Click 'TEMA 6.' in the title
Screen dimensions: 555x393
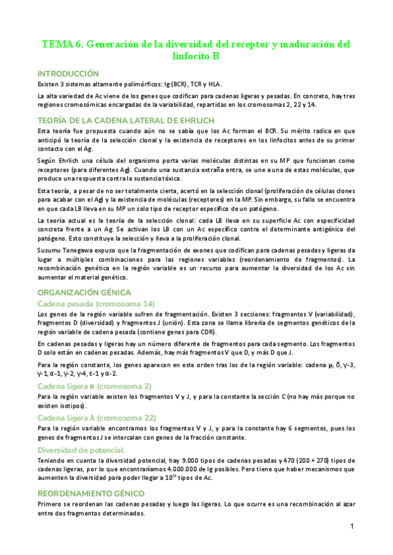coord(62,45)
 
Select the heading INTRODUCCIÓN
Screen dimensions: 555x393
coord(68,74)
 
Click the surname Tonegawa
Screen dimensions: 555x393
coord(83,251)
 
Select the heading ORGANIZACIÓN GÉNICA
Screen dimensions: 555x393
coord(84,292)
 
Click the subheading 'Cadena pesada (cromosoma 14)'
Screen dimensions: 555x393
coord(96,304)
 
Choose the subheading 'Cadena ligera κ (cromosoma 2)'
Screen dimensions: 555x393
coord(94,386)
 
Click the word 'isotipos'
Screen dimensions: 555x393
coord(65,406)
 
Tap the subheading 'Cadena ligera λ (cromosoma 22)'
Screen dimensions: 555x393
coord(96,418)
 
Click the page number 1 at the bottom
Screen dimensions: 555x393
coord(352,526)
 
